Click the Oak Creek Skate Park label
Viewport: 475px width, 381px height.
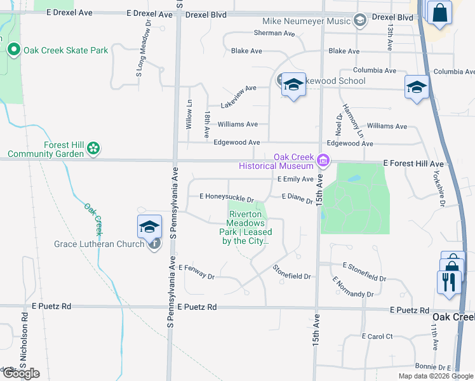click(66, 50)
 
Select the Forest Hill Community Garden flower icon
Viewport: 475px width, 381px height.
click(93, 148)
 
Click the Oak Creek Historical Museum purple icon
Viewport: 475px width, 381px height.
click(324, 160)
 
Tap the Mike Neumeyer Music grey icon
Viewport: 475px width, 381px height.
click(360, 22)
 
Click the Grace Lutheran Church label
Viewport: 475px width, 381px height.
click(99, 244)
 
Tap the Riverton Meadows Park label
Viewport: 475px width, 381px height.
click(246, 227)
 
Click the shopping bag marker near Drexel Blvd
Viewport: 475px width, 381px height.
click(439, 13)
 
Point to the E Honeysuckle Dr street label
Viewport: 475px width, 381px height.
click(227, 198)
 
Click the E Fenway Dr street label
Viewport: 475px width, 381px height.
click(197, 271)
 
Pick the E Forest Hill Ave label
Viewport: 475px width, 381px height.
click(413, 164)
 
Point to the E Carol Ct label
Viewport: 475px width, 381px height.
click(377, 336)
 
